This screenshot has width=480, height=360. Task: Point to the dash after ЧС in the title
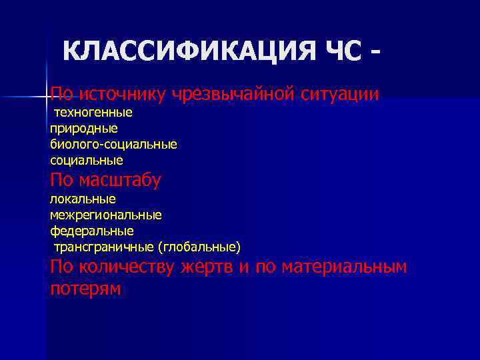380,52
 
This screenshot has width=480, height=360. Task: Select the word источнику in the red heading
123,94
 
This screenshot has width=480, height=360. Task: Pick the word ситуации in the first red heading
340,94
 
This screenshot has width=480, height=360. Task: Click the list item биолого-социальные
113,143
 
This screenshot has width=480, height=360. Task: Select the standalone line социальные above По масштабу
86,160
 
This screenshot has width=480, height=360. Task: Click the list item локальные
83,199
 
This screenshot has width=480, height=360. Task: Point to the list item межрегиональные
105,215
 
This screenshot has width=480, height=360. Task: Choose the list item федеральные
91,231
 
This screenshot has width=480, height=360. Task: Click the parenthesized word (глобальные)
199,247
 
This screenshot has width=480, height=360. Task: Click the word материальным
344,267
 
